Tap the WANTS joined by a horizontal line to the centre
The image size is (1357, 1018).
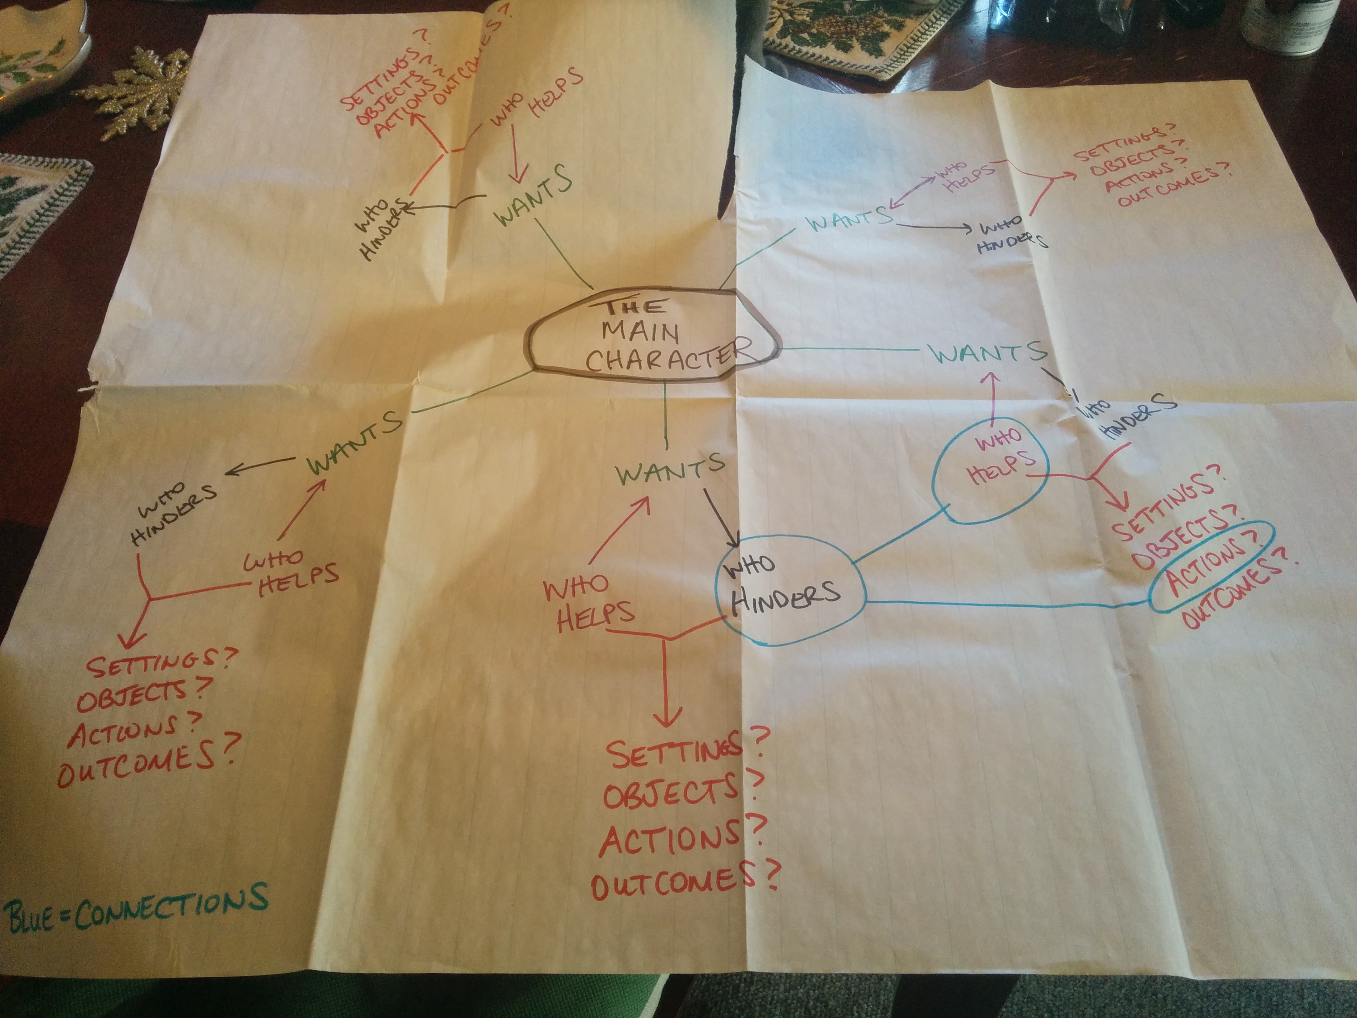(x=988, y=353)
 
